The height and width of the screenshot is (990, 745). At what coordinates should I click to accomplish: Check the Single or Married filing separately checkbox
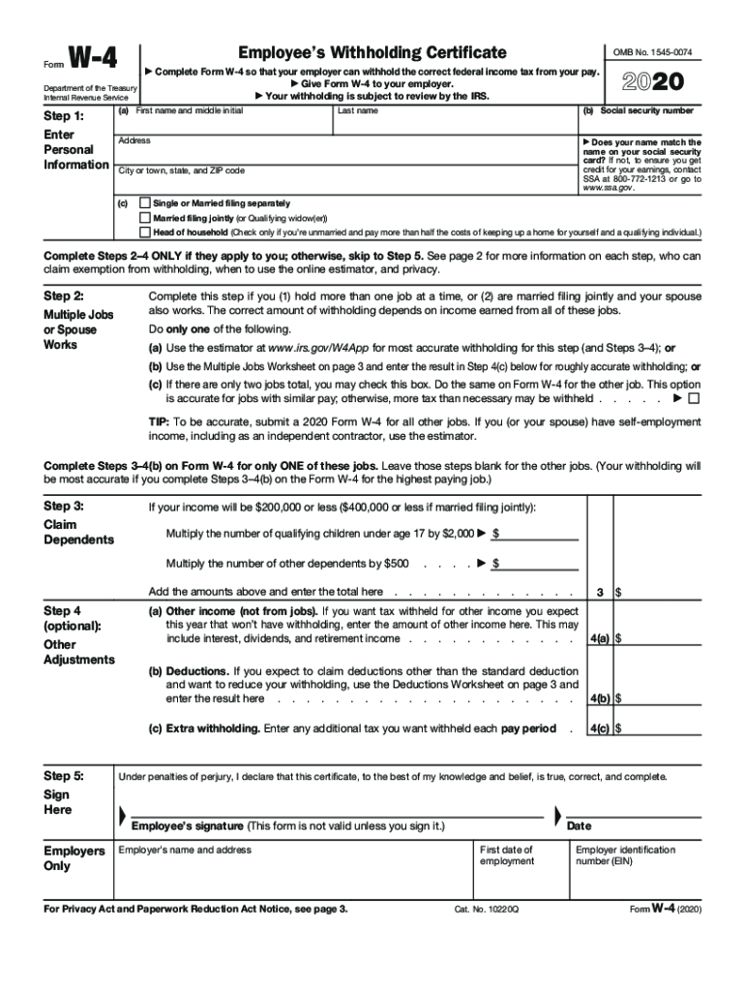coord(145,204)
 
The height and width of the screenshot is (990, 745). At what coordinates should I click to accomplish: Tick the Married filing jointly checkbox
coord(145,218)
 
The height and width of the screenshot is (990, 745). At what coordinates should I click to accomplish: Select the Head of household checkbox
coord(145,232)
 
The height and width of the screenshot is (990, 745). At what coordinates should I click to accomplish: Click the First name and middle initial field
coord(223,123)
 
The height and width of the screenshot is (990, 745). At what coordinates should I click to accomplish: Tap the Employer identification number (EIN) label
coord(625,856)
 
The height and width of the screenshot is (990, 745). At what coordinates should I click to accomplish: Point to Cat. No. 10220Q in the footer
coord(487,911)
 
